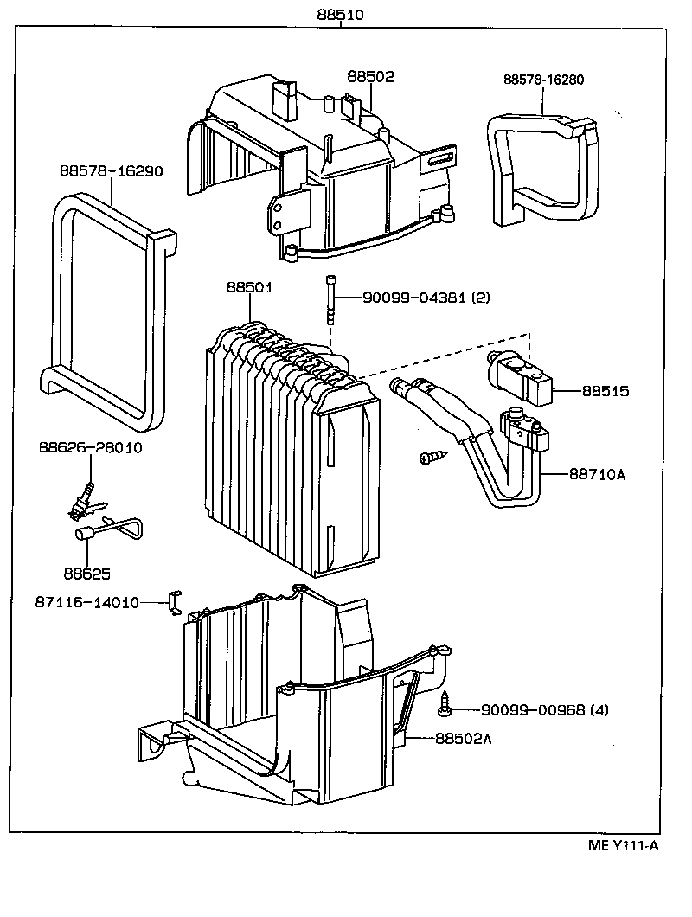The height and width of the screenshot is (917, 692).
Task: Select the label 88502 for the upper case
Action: [x=370, y=77]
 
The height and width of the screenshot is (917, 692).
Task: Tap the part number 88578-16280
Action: [x=543, y=80]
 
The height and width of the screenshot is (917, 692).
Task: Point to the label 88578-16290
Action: [x=111, y=170]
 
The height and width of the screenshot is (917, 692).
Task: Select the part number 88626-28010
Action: [x=90, y=447]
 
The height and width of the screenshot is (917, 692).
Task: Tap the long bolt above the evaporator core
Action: [x=330, y=299]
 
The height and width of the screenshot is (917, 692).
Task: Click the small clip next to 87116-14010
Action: [x=174, y=602]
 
